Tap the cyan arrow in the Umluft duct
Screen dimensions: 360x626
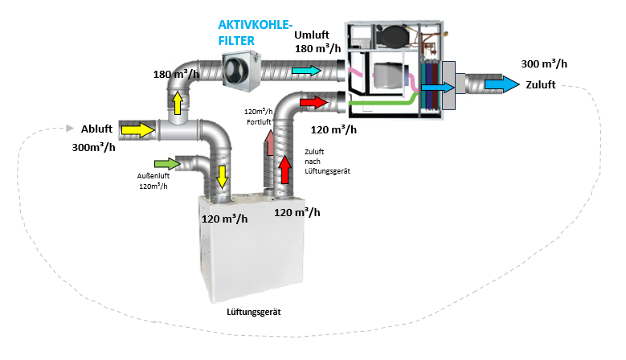(x=306, y=72)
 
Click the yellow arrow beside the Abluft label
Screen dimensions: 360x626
(x=137, y=129)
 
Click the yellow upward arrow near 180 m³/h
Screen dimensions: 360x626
(x=177, y=101)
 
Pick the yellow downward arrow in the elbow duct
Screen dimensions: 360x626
(x=222, y=174)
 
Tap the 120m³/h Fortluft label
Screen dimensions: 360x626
(x=259, y=117)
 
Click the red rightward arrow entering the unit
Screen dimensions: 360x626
(x=314, y=102)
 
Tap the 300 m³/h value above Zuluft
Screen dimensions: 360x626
(x=543, y=64)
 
